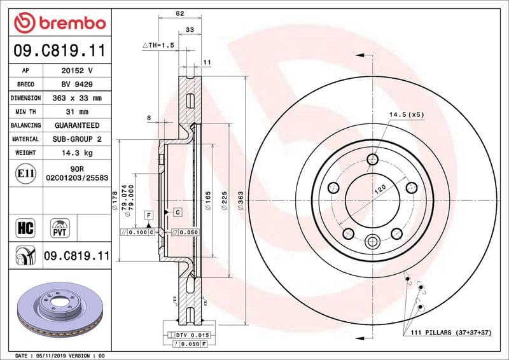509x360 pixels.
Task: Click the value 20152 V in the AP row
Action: pyautogui.click(x=76, y=71)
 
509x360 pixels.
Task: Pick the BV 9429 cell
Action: pyautogui.click(x=76, y=85)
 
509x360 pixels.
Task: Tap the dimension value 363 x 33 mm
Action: pyautogui.click(x=76, y=98)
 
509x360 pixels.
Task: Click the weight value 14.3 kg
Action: pyautogui.click(x=76, y=153)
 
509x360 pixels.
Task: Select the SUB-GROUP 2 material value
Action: pyautogui.click(x=76, y=139)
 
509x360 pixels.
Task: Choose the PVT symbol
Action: pyautogui.click(x=61, y=228)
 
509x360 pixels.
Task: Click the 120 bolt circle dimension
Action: pyautogui.click(x=380, y=189)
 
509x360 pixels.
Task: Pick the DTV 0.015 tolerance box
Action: pyautogui.click(x=190, y=335)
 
